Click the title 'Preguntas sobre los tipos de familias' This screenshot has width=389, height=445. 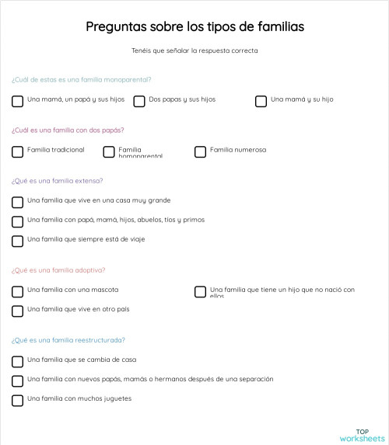coord(194,27)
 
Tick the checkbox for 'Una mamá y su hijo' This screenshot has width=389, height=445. coord(261,101)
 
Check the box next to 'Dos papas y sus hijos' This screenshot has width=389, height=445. coord(139,101)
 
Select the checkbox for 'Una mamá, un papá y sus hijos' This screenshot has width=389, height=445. coord(17,101)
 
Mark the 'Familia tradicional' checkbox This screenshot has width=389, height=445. coord(17,151)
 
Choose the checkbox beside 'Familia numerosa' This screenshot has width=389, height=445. coord(200,151)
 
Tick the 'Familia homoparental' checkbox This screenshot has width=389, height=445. coord(109,151)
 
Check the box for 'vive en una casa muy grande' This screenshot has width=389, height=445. coord(17,202)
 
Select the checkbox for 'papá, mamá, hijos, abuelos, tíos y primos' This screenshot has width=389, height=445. coord(17,221)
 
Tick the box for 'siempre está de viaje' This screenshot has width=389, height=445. coord(17,241)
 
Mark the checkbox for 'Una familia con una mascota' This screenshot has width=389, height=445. coord(17,292)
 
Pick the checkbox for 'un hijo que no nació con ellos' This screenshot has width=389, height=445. coord(200,292)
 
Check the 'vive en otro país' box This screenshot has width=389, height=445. coord(17,311)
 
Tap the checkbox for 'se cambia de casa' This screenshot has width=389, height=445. coord(17,361)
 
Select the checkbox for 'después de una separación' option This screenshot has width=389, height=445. coord(17,381)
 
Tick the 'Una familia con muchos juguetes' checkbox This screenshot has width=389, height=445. coord(17,400)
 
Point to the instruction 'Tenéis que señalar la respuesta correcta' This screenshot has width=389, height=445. coord(194,51)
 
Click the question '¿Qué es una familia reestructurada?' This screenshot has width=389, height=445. coord(68,339)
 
